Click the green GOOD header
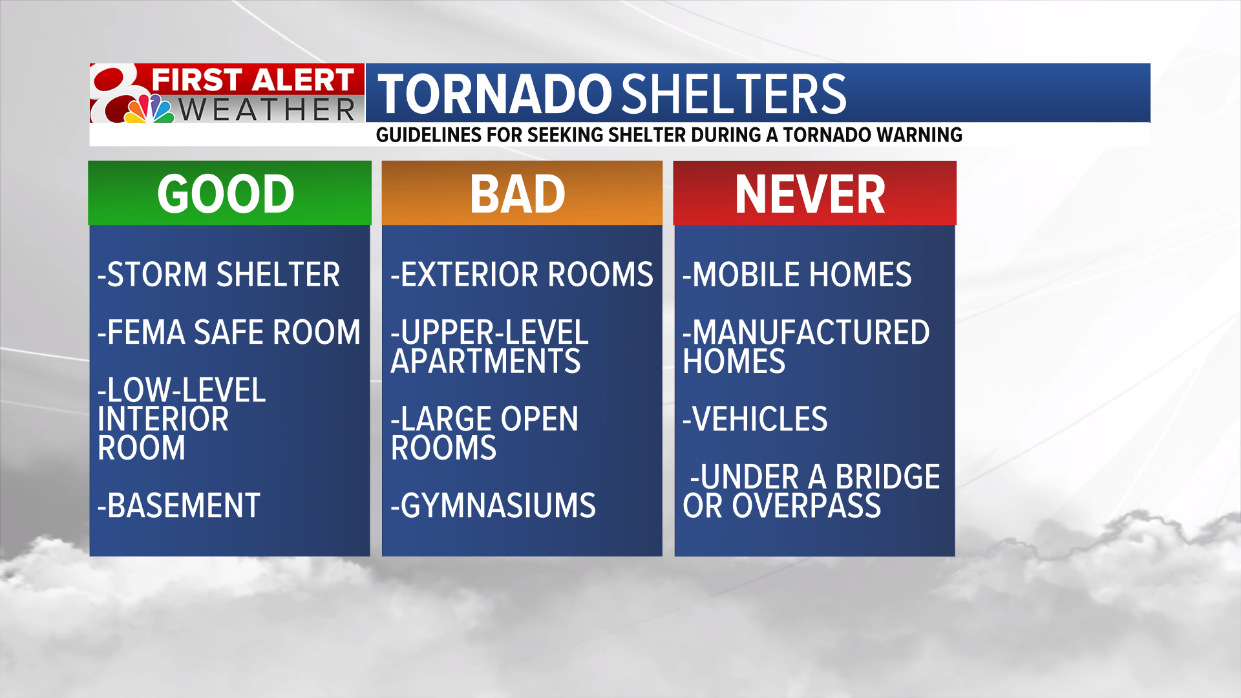[226, 194]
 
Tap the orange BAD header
[518, 194]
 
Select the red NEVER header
[811, 194]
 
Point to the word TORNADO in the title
[494, 94]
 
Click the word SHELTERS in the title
[734, 94]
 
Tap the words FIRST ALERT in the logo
[252, 80]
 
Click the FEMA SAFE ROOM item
[229, 333]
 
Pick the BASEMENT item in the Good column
[179, 505]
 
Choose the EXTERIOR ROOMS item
[522, 275]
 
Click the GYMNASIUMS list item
[493, 505]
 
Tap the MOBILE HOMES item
[798, 275]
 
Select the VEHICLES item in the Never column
[756, 419]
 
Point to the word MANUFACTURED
[811, 333]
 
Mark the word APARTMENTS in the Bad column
[486, 361]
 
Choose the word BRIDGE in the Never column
[887, 477]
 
